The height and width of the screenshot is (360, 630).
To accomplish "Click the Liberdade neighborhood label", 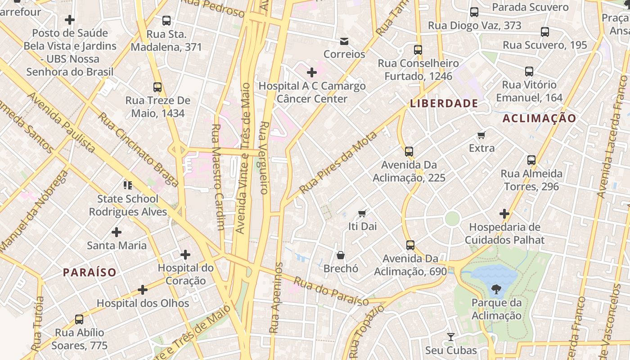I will tap(444, 103).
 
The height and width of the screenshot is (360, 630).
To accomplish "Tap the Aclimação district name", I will tap(539, 118).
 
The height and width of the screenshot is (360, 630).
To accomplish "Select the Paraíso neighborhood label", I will tap(90, 272).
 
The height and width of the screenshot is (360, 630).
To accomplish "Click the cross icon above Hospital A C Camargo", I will tap(311, 72).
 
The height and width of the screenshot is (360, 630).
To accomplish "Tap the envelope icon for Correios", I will tap(344, 41).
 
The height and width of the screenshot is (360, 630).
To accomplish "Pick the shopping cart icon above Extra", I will tap(481, 135).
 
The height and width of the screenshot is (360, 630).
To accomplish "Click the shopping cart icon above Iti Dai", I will tap(362, 213).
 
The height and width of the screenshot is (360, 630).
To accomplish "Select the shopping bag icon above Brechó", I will tap(341, 255).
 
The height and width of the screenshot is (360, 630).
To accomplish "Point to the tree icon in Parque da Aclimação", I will tap(496, 289).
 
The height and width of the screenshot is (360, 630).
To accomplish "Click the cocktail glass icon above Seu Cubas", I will tap(450, 337).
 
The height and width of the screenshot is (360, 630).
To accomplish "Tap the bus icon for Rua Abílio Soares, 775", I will tap(79, 319).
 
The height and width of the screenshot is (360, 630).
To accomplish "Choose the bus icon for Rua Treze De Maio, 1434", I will tap(157, 87).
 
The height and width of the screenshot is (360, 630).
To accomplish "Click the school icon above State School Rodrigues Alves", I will tap(128, 185).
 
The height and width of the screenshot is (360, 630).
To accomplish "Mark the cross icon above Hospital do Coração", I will tap(185, 255).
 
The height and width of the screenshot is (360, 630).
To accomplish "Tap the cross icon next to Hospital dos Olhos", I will tap(143, 290).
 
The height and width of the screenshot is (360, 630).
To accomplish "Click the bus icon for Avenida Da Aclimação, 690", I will tap(410, 245).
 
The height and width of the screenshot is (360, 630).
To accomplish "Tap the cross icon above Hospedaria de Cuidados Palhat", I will tap(504, 214).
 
